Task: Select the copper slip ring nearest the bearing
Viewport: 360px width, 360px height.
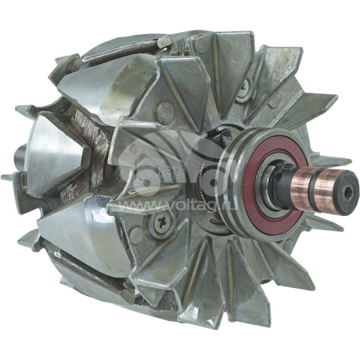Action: [303, 187]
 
